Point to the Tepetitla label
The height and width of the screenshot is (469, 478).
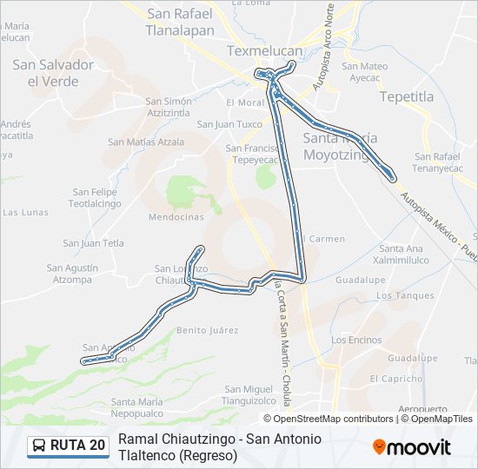click(406, 96)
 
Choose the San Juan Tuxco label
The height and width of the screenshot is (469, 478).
click(229, 124)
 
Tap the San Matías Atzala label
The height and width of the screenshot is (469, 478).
click(146, 142)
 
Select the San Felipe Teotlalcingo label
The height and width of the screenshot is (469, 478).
click(95, 197)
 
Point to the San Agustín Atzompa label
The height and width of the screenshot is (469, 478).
click(72, 274)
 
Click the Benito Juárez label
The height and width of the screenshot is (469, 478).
click(208, 331)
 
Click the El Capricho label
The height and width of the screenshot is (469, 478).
click(395, 379)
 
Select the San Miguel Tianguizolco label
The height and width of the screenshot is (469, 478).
click(250, 394)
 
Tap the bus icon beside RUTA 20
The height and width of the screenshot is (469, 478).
click(39, 446)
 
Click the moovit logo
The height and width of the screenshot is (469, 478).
click(411, 446)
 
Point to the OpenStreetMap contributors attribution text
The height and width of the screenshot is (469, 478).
click(333, 419)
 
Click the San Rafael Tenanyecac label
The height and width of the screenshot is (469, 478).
click(442, 162)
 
